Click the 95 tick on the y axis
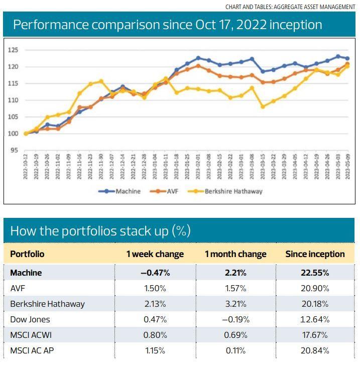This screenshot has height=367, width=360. point(15,150)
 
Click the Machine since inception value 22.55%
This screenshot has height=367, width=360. point(315,273)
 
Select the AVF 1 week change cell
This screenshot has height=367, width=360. point(155,288)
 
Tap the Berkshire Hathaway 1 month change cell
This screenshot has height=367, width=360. point(235,304)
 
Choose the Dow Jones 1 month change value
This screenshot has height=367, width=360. point(235,319)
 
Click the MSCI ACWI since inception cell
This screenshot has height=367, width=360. point(315,335)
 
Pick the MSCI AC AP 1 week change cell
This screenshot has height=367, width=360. point(155,350)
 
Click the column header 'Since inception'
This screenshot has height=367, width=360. point(315,254)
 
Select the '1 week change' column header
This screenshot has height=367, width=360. point(155,254)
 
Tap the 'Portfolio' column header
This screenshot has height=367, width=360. point(27,254)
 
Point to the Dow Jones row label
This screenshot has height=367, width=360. point(30,319)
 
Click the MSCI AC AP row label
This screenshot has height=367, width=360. point(32,350)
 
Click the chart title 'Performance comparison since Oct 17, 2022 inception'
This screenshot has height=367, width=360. point(167,25)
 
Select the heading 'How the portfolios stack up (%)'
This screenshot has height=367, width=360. point(100,231)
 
